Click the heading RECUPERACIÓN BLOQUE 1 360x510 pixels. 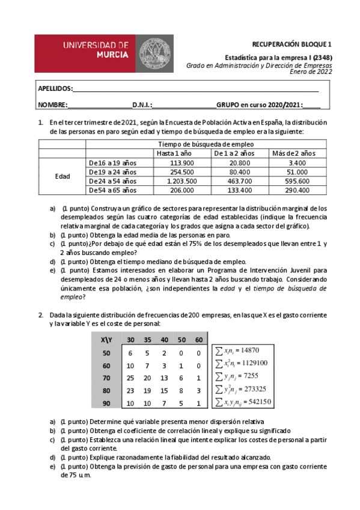click(x=291, y=44)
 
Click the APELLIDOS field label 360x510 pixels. click(x=55, y=88)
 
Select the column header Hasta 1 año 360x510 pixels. click(x=174, y=153)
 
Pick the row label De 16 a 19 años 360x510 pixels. click(x=112, y=163)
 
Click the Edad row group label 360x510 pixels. click(x=62, y=176)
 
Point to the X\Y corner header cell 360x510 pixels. click(x=106, y=340)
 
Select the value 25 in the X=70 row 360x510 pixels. click(x=130, y=378)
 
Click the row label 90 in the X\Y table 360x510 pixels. click(x=106, y=404)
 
